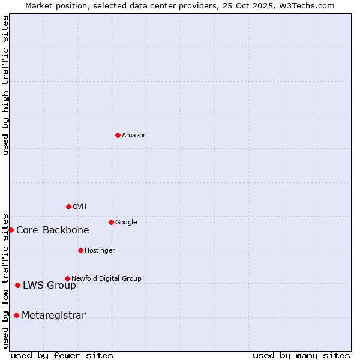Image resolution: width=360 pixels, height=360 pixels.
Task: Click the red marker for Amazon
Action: (118, 135)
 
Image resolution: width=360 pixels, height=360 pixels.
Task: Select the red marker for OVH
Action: (68, 206)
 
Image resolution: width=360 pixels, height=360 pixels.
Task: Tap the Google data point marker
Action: (111, 222)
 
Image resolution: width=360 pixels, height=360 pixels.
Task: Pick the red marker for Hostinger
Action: (80, 250)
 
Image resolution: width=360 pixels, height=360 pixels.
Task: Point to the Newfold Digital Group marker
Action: (67, 278)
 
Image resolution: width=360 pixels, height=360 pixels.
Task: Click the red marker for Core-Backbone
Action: (11, 230)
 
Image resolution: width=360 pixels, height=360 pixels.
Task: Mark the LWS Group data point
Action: (17, 285)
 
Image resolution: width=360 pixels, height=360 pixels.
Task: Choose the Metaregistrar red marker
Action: (16, 315)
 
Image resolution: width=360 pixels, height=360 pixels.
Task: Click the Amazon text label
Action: (134, 136)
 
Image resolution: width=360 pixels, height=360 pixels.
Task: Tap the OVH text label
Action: (80, 207)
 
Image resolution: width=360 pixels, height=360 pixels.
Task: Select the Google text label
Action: (126, 223)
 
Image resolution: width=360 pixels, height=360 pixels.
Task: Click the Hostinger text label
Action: (100, 251)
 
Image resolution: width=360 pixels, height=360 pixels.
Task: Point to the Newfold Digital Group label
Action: (106, 279)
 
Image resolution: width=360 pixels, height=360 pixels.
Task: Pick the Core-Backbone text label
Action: (53, 230)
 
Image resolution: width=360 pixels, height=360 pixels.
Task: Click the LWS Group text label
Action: (49, 286)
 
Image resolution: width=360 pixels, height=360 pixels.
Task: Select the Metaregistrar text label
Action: (53, 316)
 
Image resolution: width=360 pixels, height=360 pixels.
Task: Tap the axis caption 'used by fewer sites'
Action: (62, 355)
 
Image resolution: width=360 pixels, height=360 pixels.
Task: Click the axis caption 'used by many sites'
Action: (301, 355)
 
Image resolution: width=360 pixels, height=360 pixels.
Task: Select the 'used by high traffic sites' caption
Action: (6, 85)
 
